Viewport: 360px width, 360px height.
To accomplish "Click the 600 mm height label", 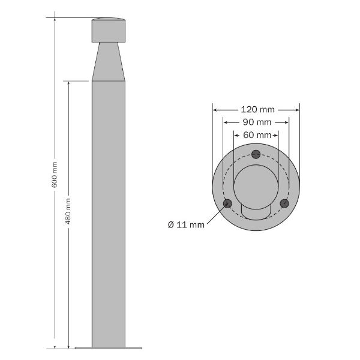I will [55, 174].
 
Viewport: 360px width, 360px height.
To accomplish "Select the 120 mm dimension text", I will [257, 109].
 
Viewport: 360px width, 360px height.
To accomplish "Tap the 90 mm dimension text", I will [256, 122].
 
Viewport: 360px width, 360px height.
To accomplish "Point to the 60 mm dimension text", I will [256, 135].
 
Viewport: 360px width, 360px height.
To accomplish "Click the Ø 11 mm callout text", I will [187, 224].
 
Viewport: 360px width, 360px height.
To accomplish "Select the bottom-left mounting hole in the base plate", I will [227, 203].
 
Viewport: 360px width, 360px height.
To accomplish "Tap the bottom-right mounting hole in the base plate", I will [285, 203].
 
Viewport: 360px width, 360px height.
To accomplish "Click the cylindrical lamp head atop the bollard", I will [109, 31].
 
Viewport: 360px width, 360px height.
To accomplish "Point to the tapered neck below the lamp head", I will [109, 63].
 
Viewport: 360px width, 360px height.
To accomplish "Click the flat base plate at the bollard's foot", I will [109, 347].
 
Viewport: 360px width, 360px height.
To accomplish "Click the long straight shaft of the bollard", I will [109, 210].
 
